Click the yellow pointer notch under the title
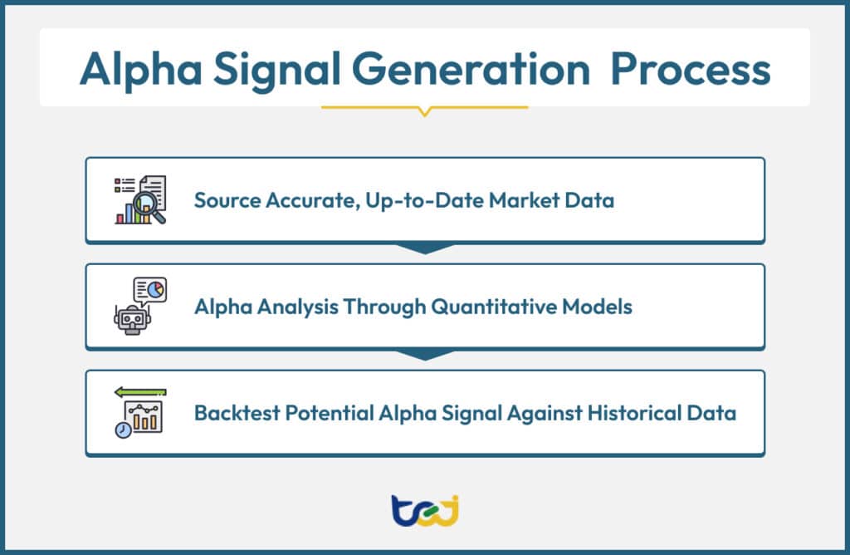(424, 111)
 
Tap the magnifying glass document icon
(140, 200)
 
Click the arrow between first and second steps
(424, 248)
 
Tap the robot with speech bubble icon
(139, 306)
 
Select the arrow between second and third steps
(424, 355)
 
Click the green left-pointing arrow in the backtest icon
(140, 392)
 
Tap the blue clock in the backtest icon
(123, 430)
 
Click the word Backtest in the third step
(232, 413)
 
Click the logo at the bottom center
(424, 508)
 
